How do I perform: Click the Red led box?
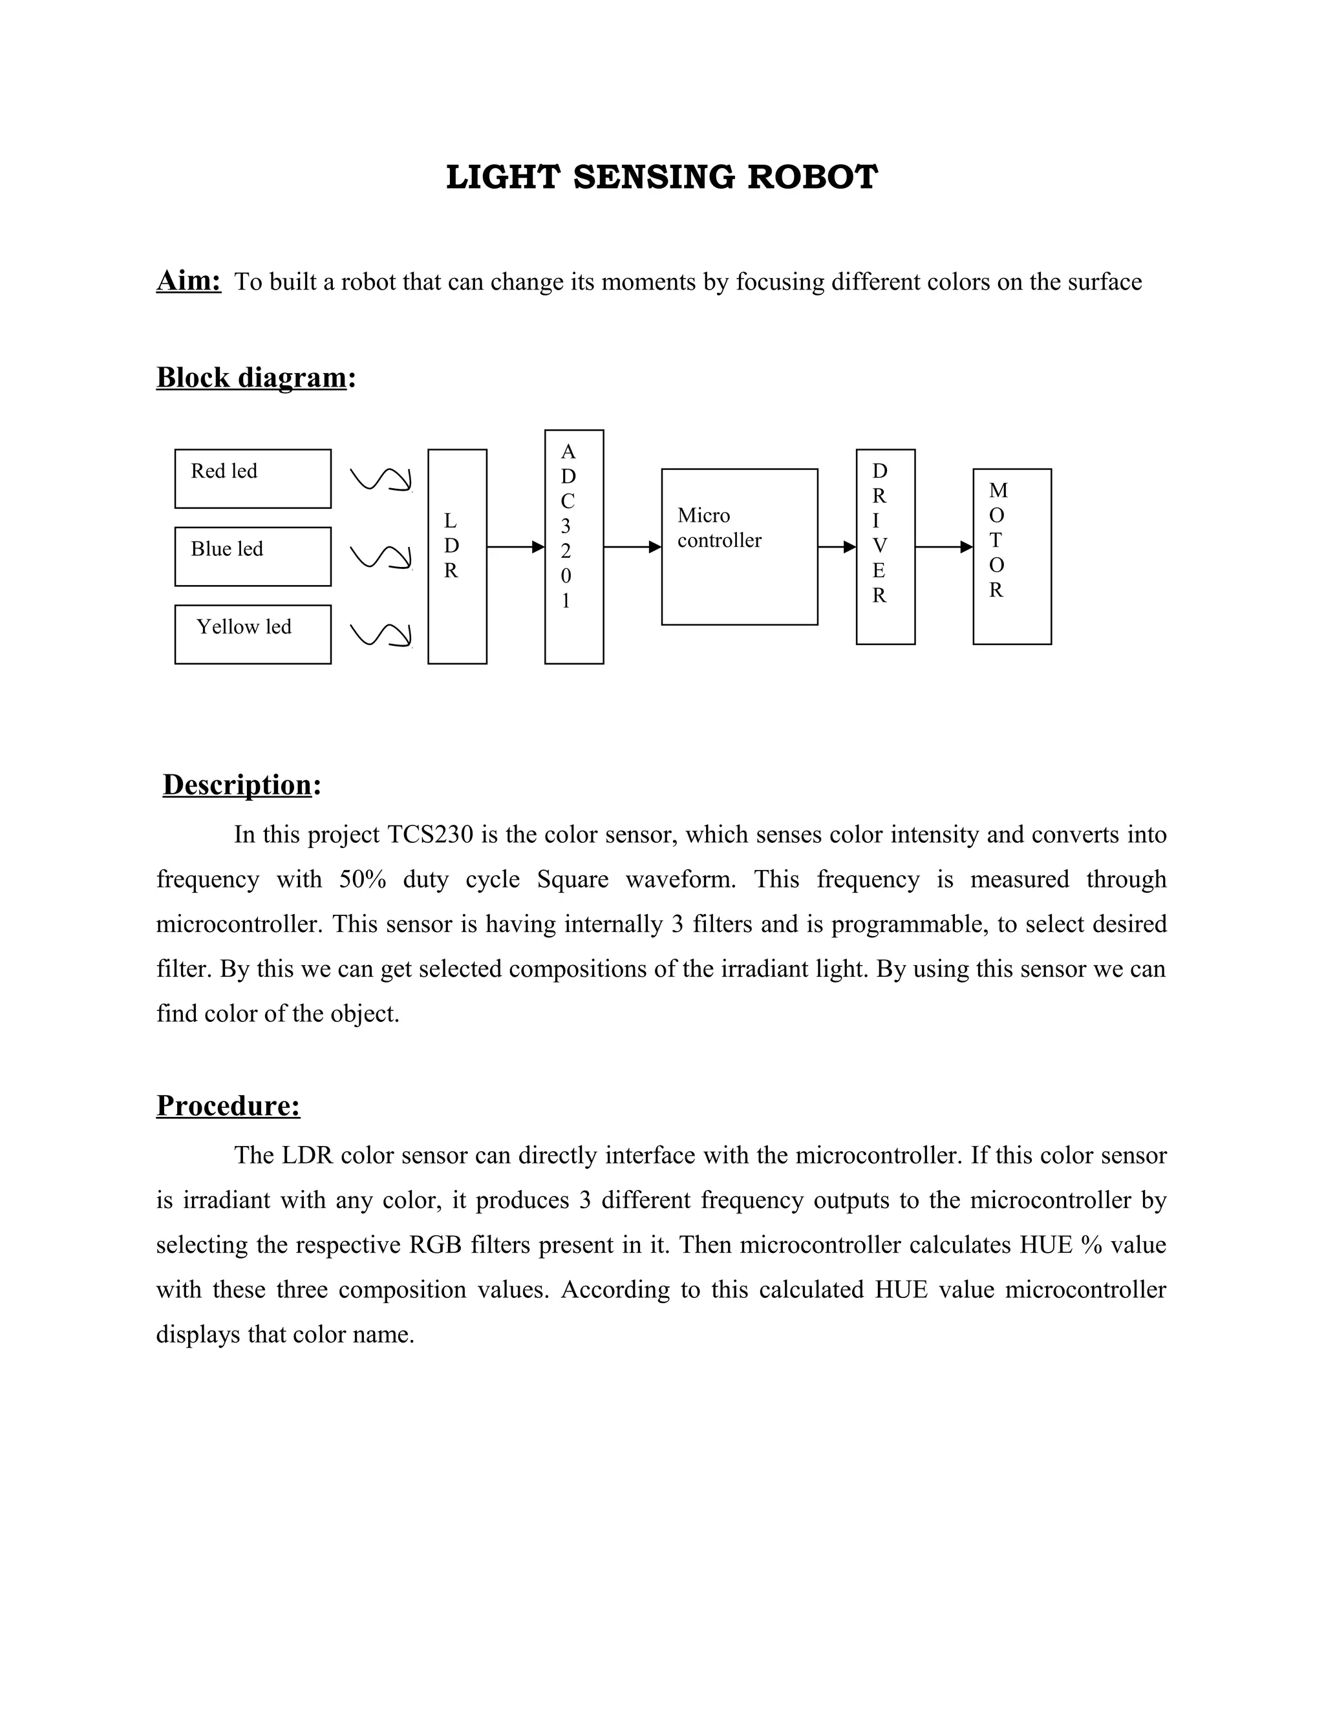point(253,478)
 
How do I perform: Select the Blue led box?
point(253,556)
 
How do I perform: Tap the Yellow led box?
point(253,633)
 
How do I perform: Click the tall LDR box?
point(457,556)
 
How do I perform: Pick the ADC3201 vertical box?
point(574,547)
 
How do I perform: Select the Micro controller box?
point(739,547)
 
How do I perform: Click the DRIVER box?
point(886,547)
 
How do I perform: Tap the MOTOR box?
point(1012,556)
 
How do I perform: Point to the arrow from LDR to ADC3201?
point(515,547)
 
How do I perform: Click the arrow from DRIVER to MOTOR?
point(944,547)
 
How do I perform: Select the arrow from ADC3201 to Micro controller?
point(632,547)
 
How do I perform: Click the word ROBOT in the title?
point(812,177)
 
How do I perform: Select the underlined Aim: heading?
point(189,281)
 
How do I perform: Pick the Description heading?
point(238,784)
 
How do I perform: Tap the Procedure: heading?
point(228,1105)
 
